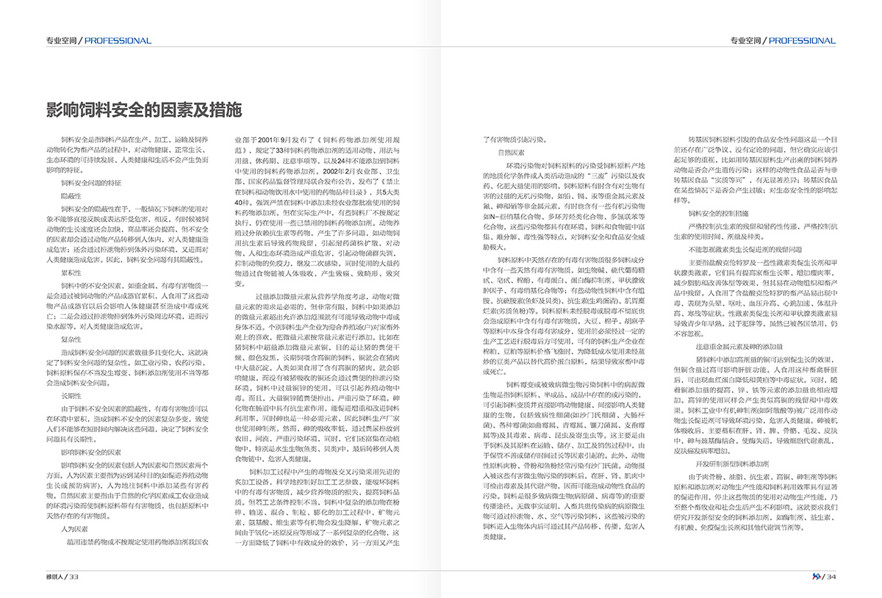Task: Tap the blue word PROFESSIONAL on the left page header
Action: [x=118, y=40]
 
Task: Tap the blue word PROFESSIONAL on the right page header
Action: [x=803, y=40]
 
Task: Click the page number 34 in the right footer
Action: [x=831, y=576]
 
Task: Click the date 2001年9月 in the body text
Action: [x=273, y=139]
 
